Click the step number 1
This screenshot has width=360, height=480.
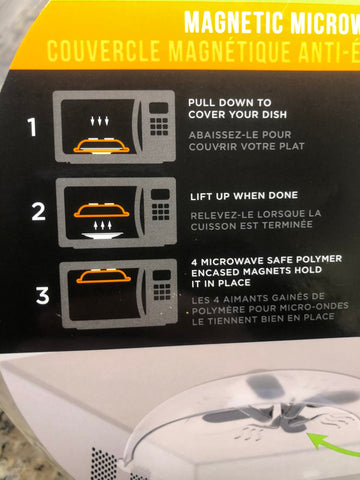tap(32, 127)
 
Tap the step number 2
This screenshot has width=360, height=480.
tap(39, 212)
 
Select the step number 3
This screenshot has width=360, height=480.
tap(43, 295)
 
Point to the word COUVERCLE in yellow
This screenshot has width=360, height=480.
tap(104, 51)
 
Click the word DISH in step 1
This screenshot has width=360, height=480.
tap(274, 115)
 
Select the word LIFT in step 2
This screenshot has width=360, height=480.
tap(202, 197)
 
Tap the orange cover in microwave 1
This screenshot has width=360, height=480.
tap(101, 146)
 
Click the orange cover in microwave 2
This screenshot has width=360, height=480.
tap(102, 210)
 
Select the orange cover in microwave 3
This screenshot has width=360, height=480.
tap(103, 276)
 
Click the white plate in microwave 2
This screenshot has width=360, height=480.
tap(102, 236)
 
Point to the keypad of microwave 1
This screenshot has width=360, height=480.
tap(159, 126)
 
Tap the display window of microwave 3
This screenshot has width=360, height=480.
tap(162, 275)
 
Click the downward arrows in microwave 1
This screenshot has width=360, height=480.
tap(99, 121)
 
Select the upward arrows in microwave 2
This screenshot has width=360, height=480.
tap(102, 225)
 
